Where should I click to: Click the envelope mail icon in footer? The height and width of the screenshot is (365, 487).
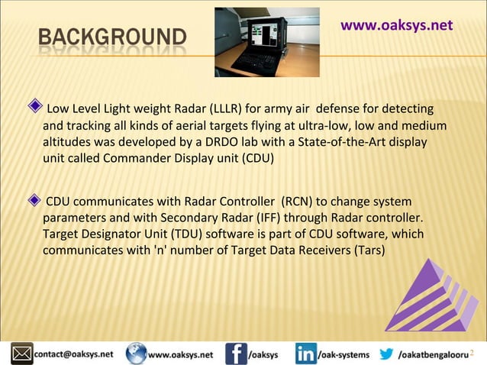(21, 354)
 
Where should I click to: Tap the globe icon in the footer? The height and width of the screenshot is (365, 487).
(137, 354)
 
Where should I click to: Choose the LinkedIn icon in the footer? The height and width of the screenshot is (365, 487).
(305, 354)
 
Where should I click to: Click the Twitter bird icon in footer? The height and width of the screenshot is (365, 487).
(386, 354)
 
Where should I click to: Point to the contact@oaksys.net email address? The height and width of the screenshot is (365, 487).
(73, 354)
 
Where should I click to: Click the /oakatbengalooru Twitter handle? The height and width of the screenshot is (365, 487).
(432, 354)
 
